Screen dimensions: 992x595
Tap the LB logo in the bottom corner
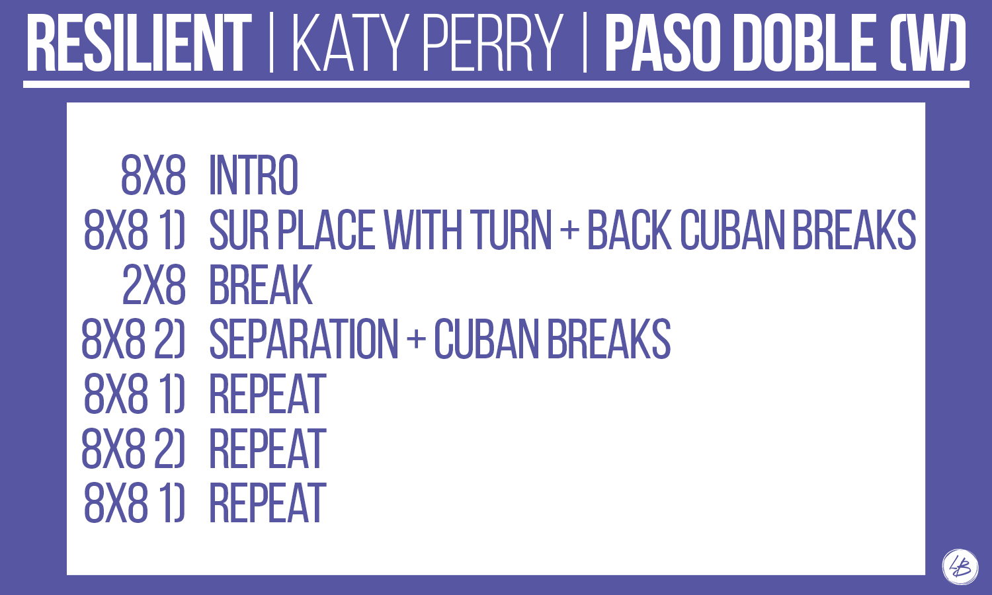[960, 567]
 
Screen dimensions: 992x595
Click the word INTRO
[253, 175]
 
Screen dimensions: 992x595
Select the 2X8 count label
[153, 285]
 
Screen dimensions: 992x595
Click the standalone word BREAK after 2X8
[261, 285]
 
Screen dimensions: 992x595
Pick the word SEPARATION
[304, 339]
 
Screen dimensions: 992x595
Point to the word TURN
[513, 230]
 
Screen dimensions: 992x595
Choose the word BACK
[629, 230]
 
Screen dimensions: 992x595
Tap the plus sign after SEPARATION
[416, 340]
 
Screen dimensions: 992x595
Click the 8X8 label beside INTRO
[153, 175]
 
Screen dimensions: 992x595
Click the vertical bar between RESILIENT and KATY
[271, 43]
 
